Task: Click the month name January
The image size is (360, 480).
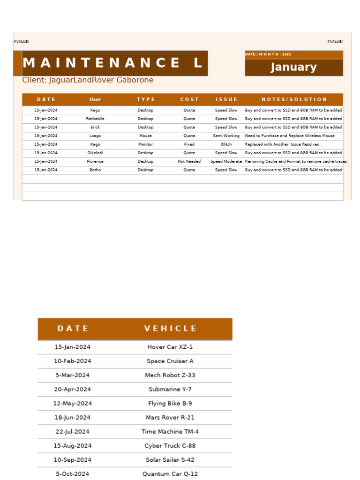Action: [293, 67]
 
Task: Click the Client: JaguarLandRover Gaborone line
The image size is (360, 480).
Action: [88, 80]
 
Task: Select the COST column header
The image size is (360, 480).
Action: [189, 99]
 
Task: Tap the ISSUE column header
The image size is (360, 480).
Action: [226, 99]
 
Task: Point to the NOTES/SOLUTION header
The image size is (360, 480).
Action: [294, 99]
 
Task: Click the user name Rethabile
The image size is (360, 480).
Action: [95, 119]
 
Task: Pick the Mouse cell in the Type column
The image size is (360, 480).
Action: [145, 136]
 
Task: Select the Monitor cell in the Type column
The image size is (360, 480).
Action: [145, 144]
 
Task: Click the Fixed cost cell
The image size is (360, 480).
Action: [189, 144]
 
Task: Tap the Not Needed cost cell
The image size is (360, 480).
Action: [189, 161]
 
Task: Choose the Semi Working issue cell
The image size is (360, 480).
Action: [226, 136]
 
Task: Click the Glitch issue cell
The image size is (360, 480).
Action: [226, 144]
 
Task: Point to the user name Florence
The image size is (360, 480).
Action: [95, 161]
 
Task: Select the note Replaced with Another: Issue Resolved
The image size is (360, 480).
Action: [282, 144]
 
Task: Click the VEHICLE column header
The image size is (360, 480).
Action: [170, 329]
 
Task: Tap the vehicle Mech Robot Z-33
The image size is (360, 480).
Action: [170, 375]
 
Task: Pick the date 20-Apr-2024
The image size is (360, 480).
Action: [73, 390]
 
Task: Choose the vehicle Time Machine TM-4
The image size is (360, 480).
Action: [170, 432]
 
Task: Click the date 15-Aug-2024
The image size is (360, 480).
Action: [73, 446]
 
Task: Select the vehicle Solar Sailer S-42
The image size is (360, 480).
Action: [170, 460]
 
